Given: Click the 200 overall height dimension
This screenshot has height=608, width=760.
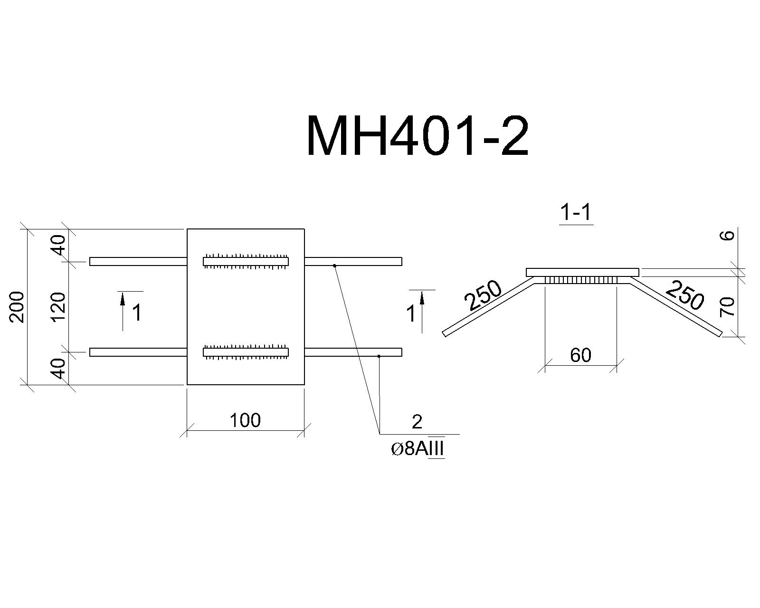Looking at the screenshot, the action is point(17,307).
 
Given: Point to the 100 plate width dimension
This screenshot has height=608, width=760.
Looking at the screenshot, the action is point(245,420).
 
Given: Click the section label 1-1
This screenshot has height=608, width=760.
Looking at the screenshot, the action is point(576,213).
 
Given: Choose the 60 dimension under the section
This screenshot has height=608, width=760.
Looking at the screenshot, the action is point(580,355).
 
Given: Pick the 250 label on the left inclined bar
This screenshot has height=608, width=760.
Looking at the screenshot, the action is point(483,295).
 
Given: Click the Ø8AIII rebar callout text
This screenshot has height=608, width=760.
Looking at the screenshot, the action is point(418,449).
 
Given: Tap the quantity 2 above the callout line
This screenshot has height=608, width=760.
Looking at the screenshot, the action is point(417,422).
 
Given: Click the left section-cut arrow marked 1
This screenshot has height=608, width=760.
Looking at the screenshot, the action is point(123,311).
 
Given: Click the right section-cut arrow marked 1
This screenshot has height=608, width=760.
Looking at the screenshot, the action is point(422,311).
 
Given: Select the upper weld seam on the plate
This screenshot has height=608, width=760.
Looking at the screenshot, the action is point(246,261).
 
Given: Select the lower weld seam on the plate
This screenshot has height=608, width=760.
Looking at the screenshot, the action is point(246,352).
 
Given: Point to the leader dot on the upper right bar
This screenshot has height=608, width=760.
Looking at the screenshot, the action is point(334,266).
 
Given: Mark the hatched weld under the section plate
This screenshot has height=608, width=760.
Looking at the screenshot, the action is point(580,280).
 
